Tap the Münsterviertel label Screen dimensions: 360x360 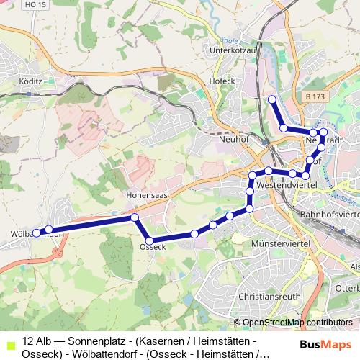[x=281, y=246]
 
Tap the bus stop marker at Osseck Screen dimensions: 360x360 [x=150, y=240]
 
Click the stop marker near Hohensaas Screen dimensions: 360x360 [x=135, y=217]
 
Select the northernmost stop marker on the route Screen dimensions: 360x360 [x=271, y=99]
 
